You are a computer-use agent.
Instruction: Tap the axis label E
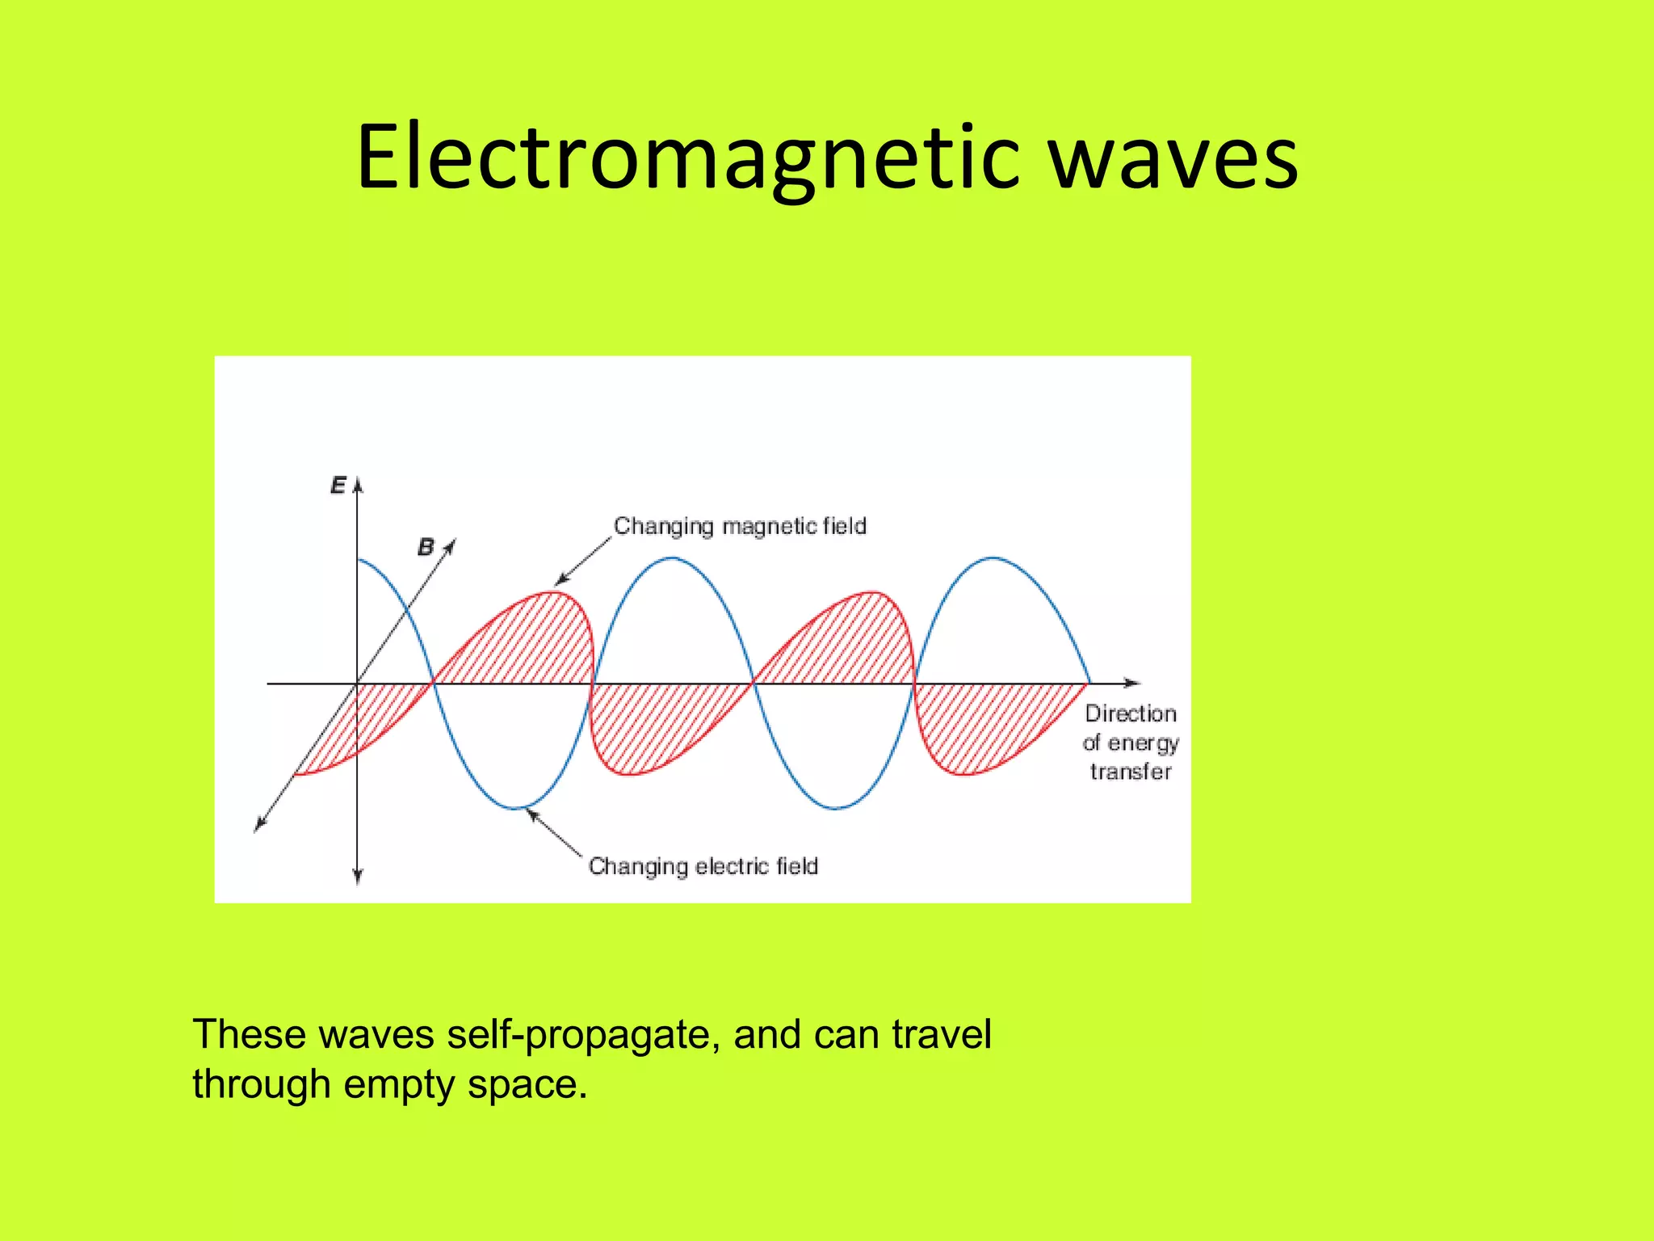[x=338, y=485]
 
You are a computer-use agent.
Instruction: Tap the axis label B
[x=426, y=547]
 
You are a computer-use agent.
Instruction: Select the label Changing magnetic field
[x=740, y=526]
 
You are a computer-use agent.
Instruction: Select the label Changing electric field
[x=703, y=866]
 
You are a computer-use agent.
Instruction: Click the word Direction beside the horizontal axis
[x=1131, y=713]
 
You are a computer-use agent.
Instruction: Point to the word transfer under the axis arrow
[x=1131, y=772]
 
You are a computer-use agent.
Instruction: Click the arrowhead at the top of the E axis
[x=358, y=484]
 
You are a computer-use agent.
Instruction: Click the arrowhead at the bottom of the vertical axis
[x=358, y=877]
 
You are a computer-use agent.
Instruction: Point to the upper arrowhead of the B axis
[x=451, y=545]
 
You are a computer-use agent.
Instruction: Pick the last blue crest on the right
[x=993, y=557]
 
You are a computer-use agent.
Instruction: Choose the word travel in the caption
[x=942, y=1034]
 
